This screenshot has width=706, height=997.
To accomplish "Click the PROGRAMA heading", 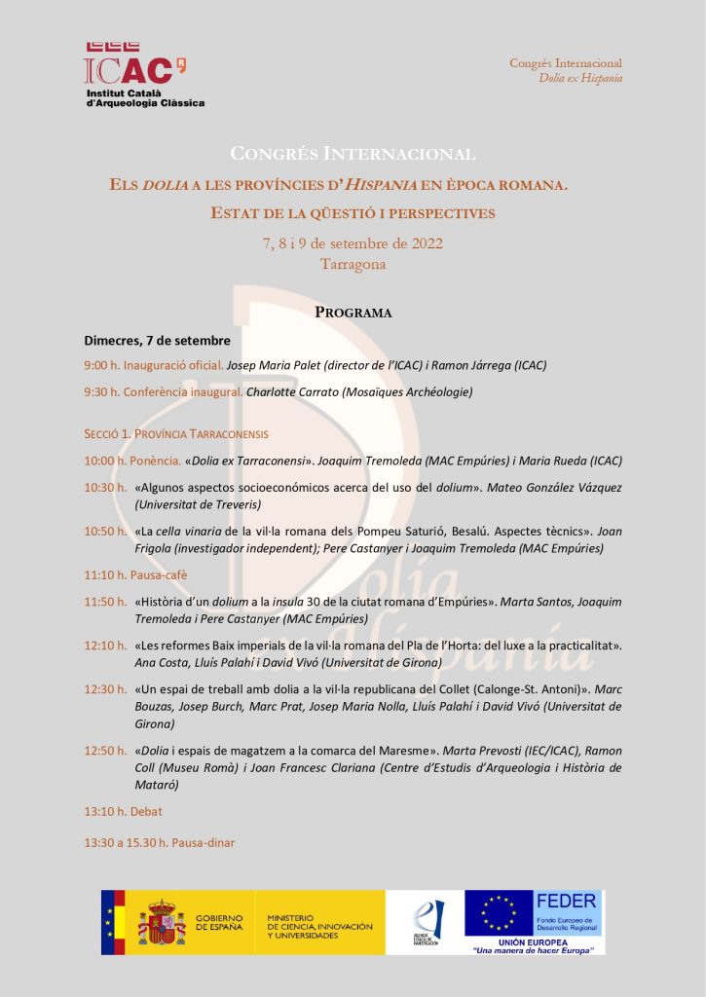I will (353, 313).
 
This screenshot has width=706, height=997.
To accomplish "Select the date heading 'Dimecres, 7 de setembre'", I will (158, 341).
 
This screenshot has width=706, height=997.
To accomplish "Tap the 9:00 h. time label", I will (102, 365).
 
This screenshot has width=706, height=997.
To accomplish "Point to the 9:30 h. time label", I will (102, 391).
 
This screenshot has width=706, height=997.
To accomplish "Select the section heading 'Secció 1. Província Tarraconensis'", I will (176, 434).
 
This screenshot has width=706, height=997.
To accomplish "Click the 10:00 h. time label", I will (105, 461).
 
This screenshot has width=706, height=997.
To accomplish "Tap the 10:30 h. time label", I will (105, 487).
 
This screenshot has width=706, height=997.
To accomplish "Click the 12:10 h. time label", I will (105, 646).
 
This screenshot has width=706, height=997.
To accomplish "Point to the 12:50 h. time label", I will (105, 751).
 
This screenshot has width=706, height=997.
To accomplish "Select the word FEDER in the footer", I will (567, 902).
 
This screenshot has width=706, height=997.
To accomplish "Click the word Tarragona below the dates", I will (353, 264).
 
